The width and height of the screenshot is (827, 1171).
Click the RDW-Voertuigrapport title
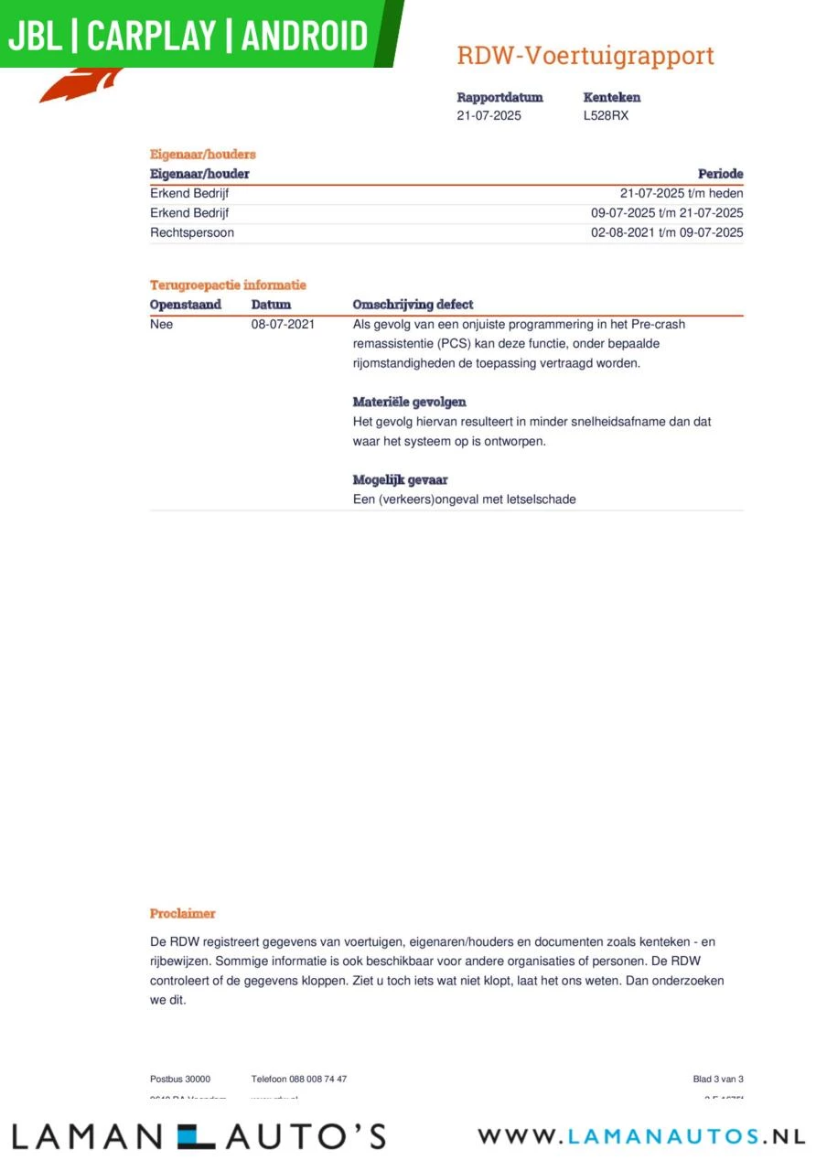(585, 56)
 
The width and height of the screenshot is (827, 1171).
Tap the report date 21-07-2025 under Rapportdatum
(489, 116)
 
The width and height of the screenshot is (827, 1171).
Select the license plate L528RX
(606, 116)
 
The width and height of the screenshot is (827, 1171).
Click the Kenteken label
(612, 97)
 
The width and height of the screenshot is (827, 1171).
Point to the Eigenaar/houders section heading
(203, 155)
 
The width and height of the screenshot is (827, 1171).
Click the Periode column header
(720, 174)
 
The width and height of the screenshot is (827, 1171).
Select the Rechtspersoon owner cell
(192, 232)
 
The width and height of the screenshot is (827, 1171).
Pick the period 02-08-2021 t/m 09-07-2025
(667, 232)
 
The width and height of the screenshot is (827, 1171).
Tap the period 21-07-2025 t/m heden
(682, 193)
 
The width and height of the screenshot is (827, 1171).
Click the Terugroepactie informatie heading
(228, 285)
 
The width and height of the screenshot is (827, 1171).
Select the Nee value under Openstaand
(161, 324)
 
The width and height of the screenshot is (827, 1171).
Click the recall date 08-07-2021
(283, 324)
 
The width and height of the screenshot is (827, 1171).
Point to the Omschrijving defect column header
(413, 305)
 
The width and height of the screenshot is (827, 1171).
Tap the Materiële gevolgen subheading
(409, 402)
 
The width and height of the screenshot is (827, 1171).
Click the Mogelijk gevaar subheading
(400, 479)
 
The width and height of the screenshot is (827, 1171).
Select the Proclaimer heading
(183, 913)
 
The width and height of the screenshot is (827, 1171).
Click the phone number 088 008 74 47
(317, 1080)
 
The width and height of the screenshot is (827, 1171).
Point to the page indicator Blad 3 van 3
(718, 1080)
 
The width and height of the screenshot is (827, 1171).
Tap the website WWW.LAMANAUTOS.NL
(641, 1136)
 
